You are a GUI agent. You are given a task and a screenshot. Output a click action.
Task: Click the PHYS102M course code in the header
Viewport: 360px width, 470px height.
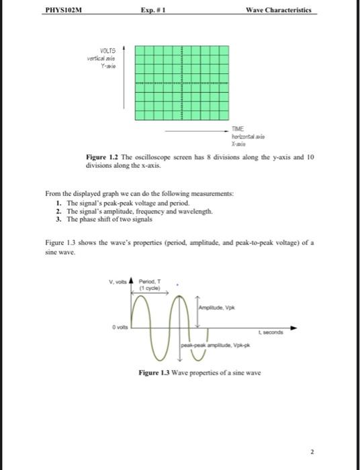(60, 11)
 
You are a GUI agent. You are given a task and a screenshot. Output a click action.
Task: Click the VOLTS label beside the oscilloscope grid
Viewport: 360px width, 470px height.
(107, 50)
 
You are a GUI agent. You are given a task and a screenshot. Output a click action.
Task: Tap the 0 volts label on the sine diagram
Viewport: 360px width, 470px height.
(120, 327)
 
